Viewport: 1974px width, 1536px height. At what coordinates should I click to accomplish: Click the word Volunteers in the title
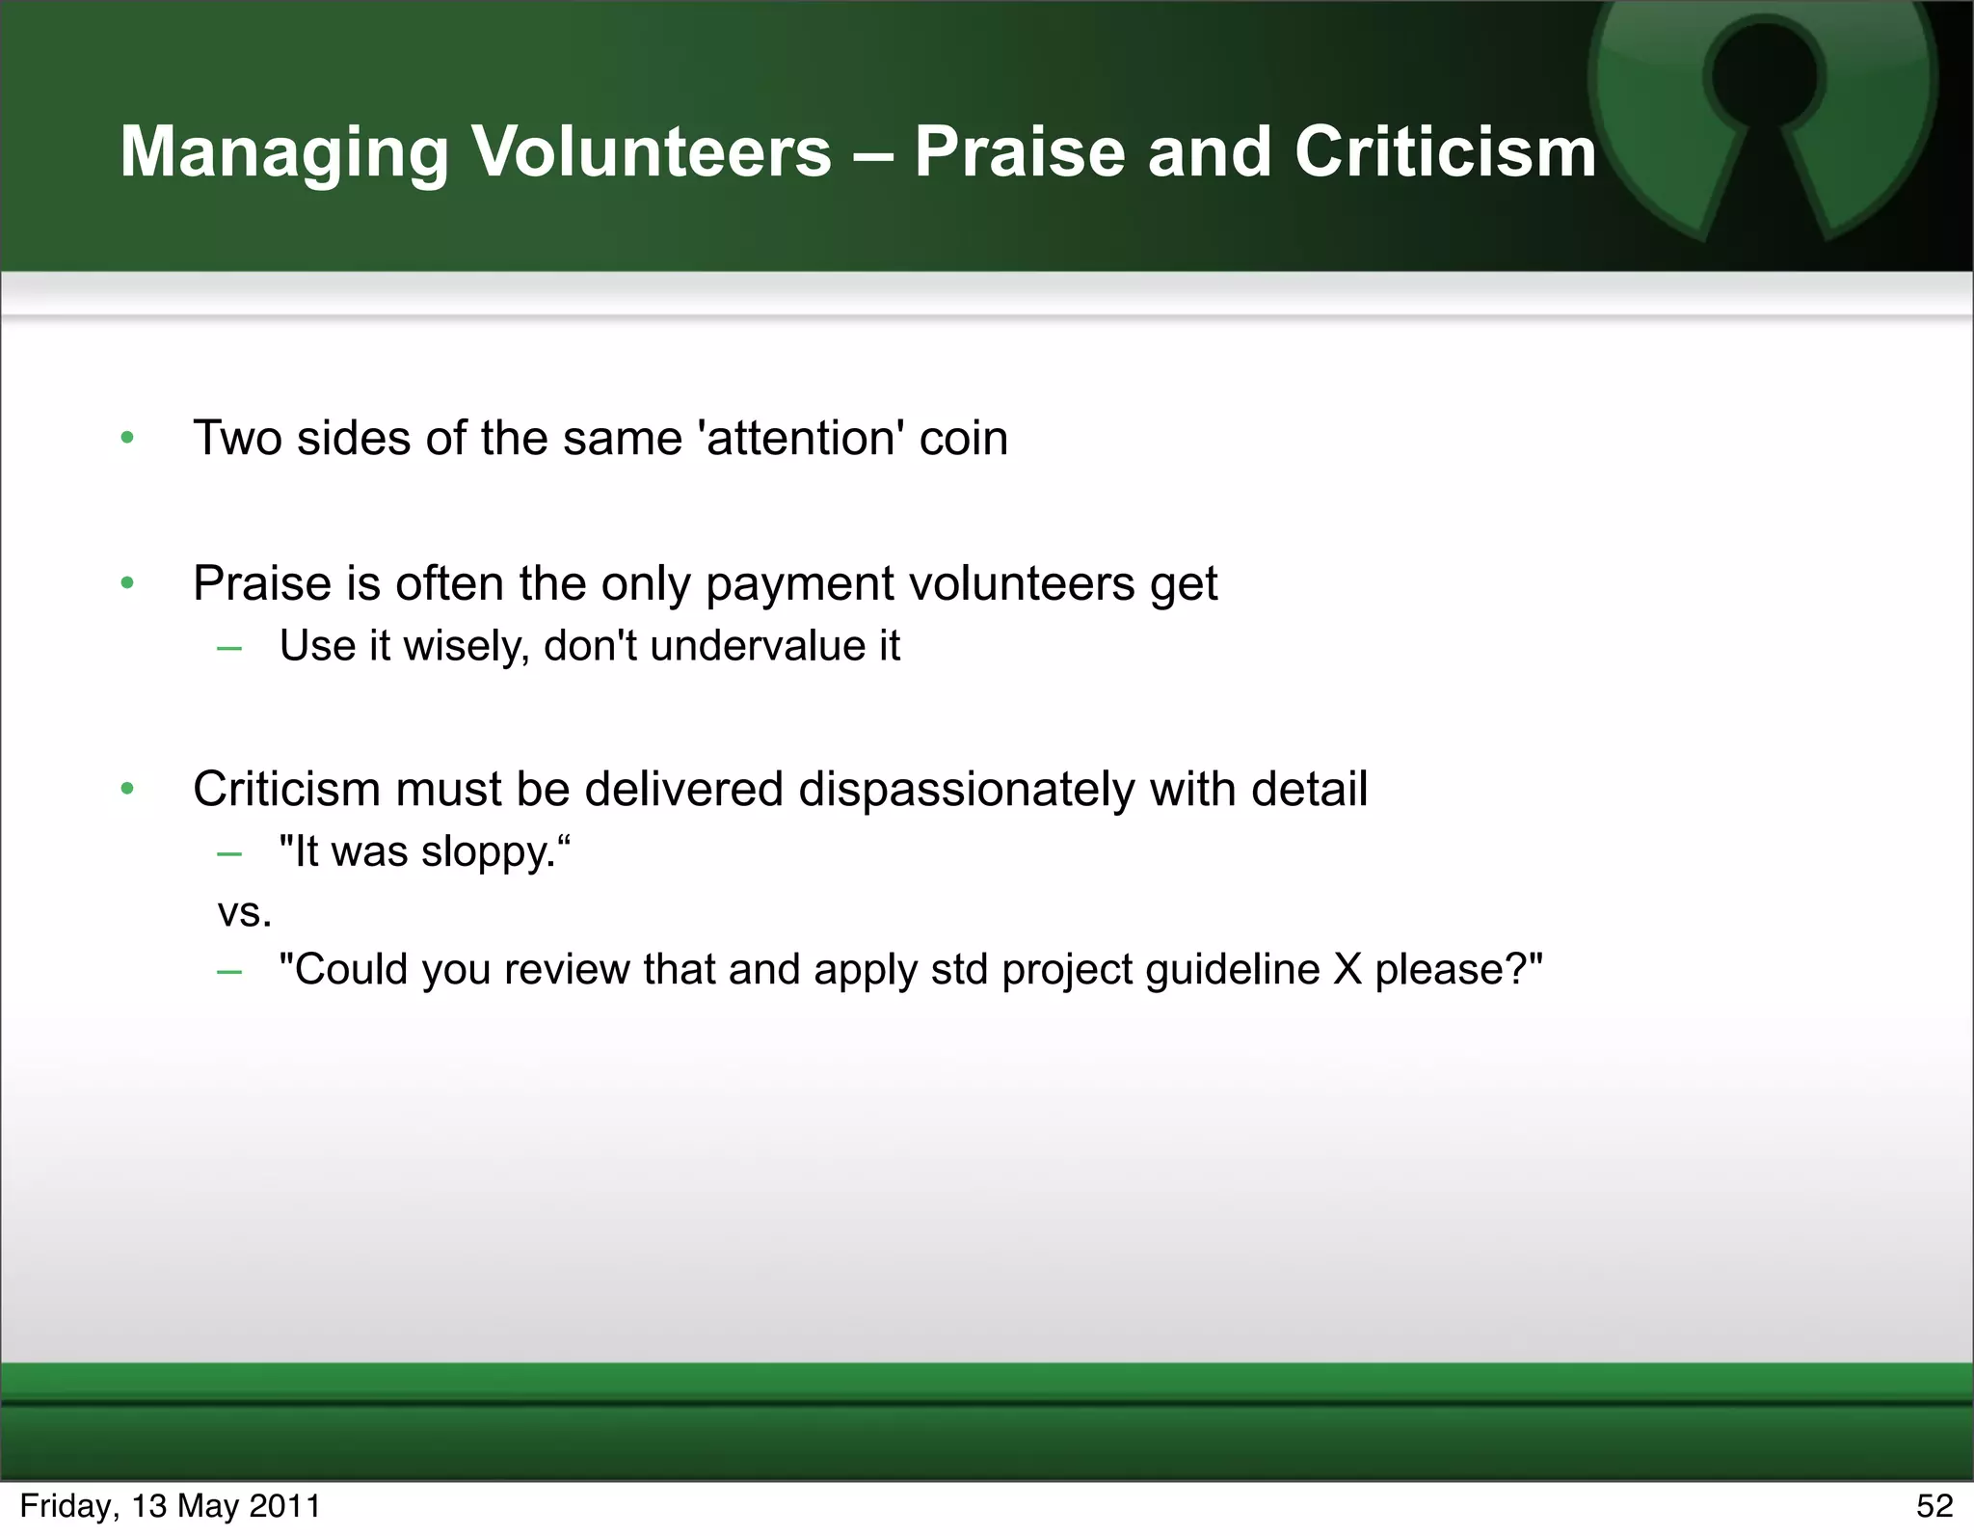[651, 152]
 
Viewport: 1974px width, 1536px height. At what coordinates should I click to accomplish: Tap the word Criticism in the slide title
[1445, 152]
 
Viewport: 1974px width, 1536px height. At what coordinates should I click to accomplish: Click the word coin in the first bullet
[963, 439]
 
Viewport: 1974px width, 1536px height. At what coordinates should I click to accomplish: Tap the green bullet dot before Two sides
[127, 440]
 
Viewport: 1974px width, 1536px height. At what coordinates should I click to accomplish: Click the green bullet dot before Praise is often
[127, 583]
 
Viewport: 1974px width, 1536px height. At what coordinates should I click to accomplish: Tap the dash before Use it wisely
[229, 648]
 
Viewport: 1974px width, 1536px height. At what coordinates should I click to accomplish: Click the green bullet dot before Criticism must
[127, 790]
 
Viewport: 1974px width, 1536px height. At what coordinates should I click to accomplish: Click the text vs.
[245, 912]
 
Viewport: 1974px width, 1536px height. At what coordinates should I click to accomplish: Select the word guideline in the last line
[1233, 970]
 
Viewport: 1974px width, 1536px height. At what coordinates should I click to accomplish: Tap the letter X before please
[1347, 970]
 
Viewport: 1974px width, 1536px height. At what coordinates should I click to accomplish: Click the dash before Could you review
[229, 971]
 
